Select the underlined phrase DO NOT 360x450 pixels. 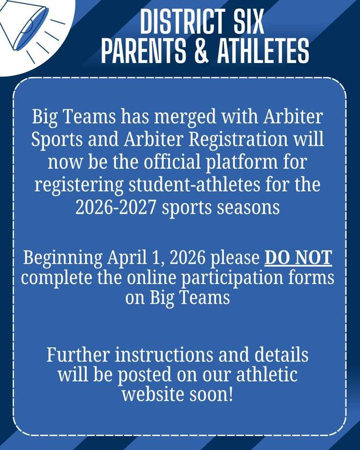tap(298, 258)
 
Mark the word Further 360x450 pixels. tap(76, 355)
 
